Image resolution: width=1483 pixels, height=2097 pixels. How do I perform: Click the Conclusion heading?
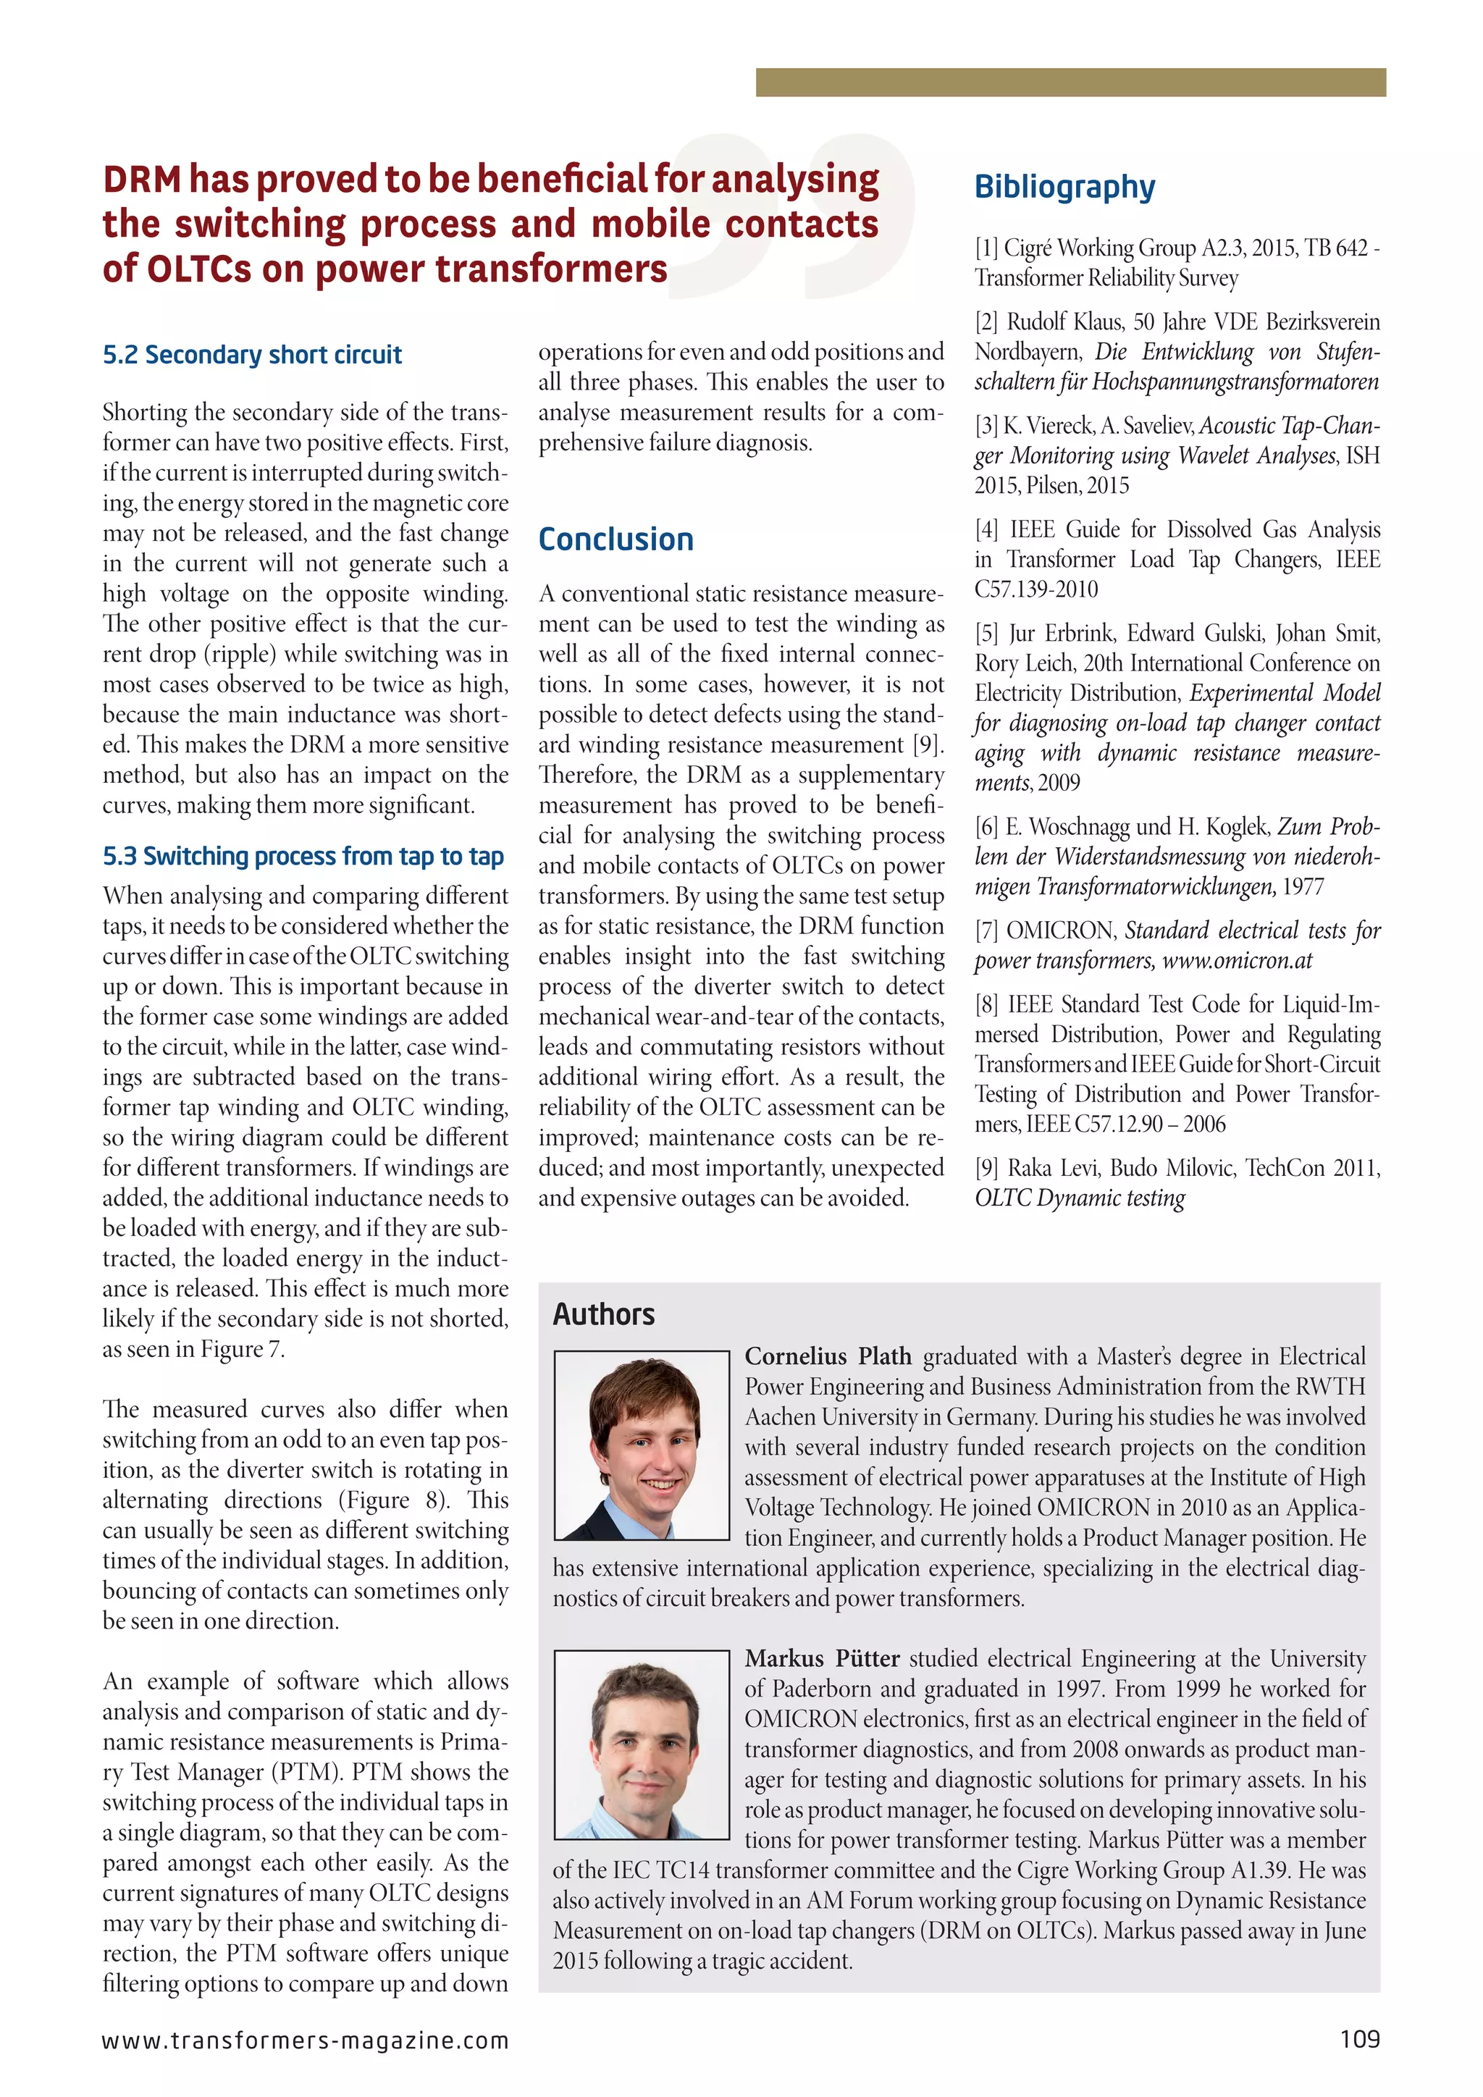[616, 539]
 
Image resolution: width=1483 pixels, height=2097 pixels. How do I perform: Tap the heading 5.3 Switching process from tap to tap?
[303, 856]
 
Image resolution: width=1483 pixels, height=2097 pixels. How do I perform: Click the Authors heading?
[604, 1314]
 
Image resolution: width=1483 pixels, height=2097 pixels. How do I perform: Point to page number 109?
[1360, 2040]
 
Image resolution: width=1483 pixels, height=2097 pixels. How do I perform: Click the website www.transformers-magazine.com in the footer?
[305, 2041]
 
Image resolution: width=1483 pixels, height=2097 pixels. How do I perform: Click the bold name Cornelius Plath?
[828, 1356]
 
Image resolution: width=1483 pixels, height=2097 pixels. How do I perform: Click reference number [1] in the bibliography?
[986, 248]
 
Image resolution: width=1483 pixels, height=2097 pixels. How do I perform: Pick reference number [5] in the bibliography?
[986, 633]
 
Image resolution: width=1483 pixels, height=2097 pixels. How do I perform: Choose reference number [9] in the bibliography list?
[986, 1168]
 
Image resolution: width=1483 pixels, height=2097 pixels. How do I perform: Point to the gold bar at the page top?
[1070, 83]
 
